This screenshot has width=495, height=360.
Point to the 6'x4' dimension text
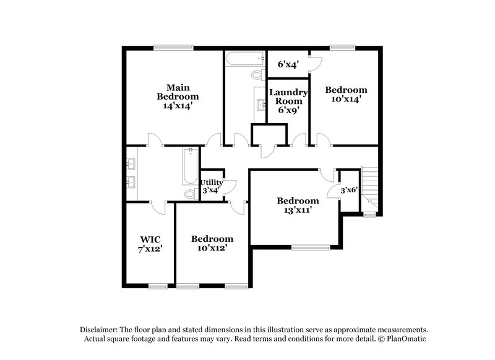click(x=288, y=64)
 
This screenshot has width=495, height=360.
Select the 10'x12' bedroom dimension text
click(x=212, y=248)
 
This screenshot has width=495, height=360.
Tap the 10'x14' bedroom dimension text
click(x=346, y=98)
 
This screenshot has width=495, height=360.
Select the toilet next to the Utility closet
click(x=190, y=194)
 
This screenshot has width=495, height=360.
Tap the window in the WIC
click(x=158, y=285)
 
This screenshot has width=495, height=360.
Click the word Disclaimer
click(x=98, y=330)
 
